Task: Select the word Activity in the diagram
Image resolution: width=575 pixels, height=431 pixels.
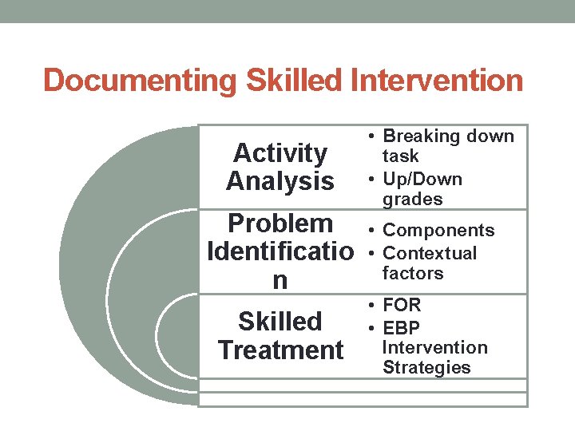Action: click(x=280, y=152)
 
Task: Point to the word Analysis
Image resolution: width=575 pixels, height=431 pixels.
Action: click(x=280, y=181)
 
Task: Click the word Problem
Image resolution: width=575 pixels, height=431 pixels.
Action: click(x=280, y=223)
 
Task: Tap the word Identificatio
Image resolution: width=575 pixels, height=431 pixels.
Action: click(x=280, y=252)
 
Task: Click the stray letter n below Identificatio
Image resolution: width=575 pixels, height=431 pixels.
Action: click(x=280, y=280)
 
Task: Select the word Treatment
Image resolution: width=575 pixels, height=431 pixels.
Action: click(x=280, y=350)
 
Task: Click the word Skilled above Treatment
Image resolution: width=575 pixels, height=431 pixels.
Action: click(x=280, y=321)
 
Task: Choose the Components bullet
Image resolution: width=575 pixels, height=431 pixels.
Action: click(x=438, y=231)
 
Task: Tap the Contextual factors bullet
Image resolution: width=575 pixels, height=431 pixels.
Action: click(x=429, y=263)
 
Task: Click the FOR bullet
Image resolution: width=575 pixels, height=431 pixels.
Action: click(x=402, y=305)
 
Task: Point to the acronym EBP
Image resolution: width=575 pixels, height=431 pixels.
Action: click(x=401, y=327)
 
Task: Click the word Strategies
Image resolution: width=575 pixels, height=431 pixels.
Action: click(x=426, y=368)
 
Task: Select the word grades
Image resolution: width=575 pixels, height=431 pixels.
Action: click(x=412, y=199)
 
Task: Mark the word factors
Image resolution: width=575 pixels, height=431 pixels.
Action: click(x=412, y=273)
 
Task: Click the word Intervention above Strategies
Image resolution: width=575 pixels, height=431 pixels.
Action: click(x=434, y=347)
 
